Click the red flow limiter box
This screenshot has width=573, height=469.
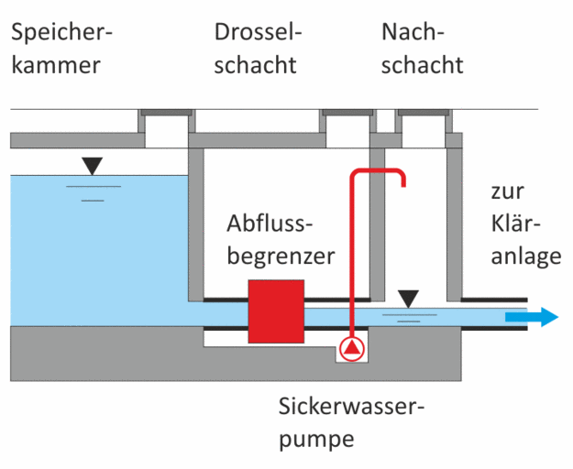click(x=276, y=311)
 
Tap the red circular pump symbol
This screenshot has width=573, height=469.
click(x=352, y=349)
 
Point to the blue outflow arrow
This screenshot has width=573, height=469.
click(x=532, y=317)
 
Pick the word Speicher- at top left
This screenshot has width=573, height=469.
click(x=61, y=33)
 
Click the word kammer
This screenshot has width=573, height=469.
click(x=56, y=65)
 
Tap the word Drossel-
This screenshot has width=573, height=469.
click(x=258, y=32)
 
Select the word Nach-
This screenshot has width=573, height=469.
click(x=413, y=32)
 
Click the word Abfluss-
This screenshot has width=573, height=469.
click(x=270, y=223)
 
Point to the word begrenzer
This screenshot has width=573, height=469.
click(x=281, y=256)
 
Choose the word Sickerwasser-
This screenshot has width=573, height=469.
click(x=351, y=406)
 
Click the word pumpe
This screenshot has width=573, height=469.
click(x=316, y=440)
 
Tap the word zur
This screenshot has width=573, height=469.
click(x=508, y=191)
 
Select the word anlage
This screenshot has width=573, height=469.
click(x=526, y=256)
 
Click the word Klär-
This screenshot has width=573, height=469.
click(x=515, y=223)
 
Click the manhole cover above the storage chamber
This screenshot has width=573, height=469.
click(x=166, y=113)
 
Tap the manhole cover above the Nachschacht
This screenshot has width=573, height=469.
click(x=424, y=113)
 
